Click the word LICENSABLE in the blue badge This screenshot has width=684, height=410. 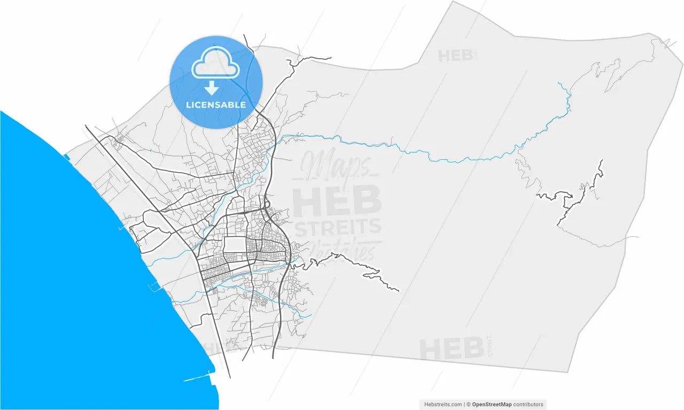[216, 105]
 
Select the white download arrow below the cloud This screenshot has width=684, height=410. [212, 88]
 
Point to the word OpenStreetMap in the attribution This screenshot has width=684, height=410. [492, 405]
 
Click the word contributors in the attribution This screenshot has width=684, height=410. [528, 405]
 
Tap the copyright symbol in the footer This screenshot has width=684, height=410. [468, 405]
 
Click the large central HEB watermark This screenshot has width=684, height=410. [337, 201]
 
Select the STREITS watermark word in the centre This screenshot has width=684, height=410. [338, 227]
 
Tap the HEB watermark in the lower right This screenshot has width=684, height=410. [451, 349]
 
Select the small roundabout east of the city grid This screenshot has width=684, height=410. [266, 204]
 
